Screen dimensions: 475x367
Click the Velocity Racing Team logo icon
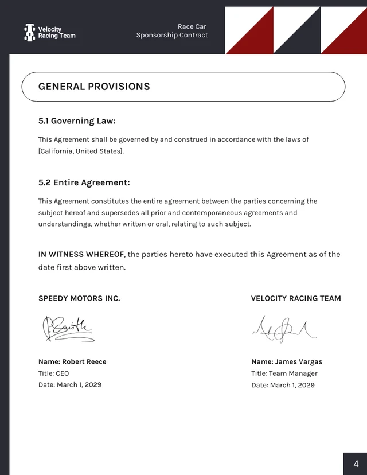coord(29,32)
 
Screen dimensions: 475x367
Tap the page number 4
coord(356,464)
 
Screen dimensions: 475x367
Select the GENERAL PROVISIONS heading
coord(94,87)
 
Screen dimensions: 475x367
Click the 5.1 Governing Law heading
coord(77,121)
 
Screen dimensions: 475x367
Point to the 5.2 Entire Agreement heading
coord(84,183)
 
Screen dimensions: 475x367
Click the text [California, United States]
coord(81,151)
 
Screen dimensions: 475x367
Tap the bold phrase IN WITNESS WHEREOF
coord(81,255)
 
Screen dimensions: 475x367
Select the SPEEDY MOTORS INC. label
coord(79,298)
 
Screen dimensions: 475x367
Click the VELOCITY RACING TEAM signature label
coord(296,298)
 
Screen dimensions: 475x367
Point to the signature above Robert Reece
coord(68,329)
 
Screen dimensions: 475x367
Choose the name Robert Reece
coord(84,362)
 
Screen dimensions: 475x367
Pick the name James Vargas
coord(299,362)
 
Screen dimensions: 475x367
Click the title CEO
coord(63,373)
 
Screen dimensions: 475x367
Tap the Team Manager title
coord(293,373)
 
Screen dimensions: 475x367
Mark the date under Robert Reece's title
coord(79,385)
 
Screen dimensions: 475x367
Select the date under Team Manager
coord(292,385)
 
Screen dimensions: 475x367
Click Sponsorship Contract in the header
coord(172,36)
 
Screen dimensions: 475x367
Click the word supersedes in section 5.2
coord(120,213)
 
